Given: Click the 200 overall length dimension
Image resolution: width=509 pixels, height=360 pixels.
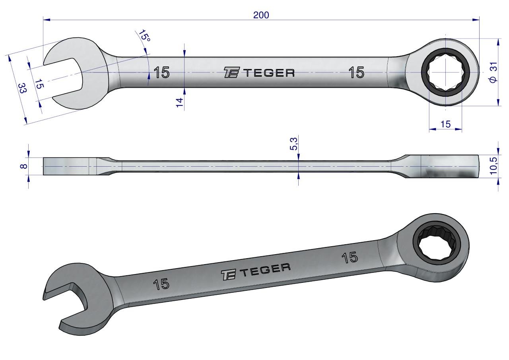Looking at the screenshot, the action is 261,15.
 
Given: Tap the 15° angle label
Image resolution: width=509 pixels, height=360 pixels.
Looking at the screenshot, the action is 144,36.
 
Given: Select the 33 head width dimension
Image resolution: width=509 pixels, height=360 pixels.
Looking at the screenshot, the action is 22,88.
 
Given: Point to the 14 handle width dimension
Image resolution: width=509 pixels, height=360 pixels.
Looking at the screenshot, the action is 179,102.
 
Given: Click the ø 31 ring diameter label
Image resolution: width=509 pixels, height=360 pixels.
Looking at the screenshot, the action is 493,72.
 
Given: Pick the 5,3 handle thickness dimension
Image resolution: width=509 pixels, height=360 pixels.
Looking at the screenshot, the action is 293,144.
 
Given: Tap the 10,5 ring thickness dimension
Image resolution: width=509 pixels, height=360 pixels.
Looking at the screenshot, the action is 493,166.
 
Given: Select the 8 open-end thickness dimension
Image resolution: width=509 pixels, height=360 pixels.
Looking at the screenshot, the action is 23,166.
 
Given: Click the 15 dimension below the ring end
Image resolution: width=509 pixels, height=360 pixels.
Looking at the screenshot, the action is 445,124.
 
